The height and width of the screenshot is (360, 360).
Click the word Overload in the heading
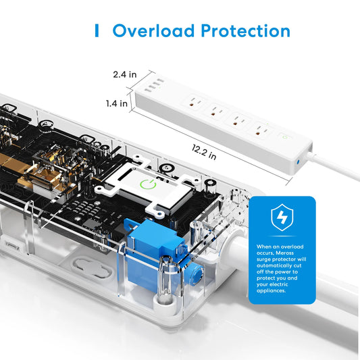tap(153, 30)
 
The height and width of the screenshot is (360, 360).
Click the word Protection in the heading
tap(246, 30)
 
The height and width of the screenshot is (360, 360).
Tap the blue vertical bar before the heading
tap(97, 30)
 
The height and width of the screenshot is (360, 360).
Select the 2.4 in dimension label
tap(125, 74)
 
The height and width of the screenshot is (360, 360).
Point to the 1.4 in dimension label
tap(117, 103)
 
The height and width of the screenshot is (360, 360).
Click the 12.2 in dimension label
tap(204, 152)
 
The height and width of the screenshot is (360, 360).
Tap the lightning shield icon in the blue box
tap(282, 217)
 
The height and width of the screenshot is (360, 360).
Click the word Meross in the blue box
tap(285, 253)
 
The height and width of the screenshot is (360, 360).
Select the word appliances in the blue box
tap(271, 291)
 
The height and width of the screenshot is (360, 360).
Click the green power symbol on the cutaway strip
tap(148, 184)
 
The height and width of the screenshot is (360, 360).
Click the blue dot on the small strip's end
tap(298, 161)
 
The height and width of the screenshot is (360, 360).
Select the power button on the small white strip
tap(285, 137)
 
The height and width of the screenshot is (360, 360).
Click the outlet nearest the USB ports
tap(195, 103)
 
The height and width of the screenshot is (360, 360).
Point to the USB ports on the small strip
tap(154, 86)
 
